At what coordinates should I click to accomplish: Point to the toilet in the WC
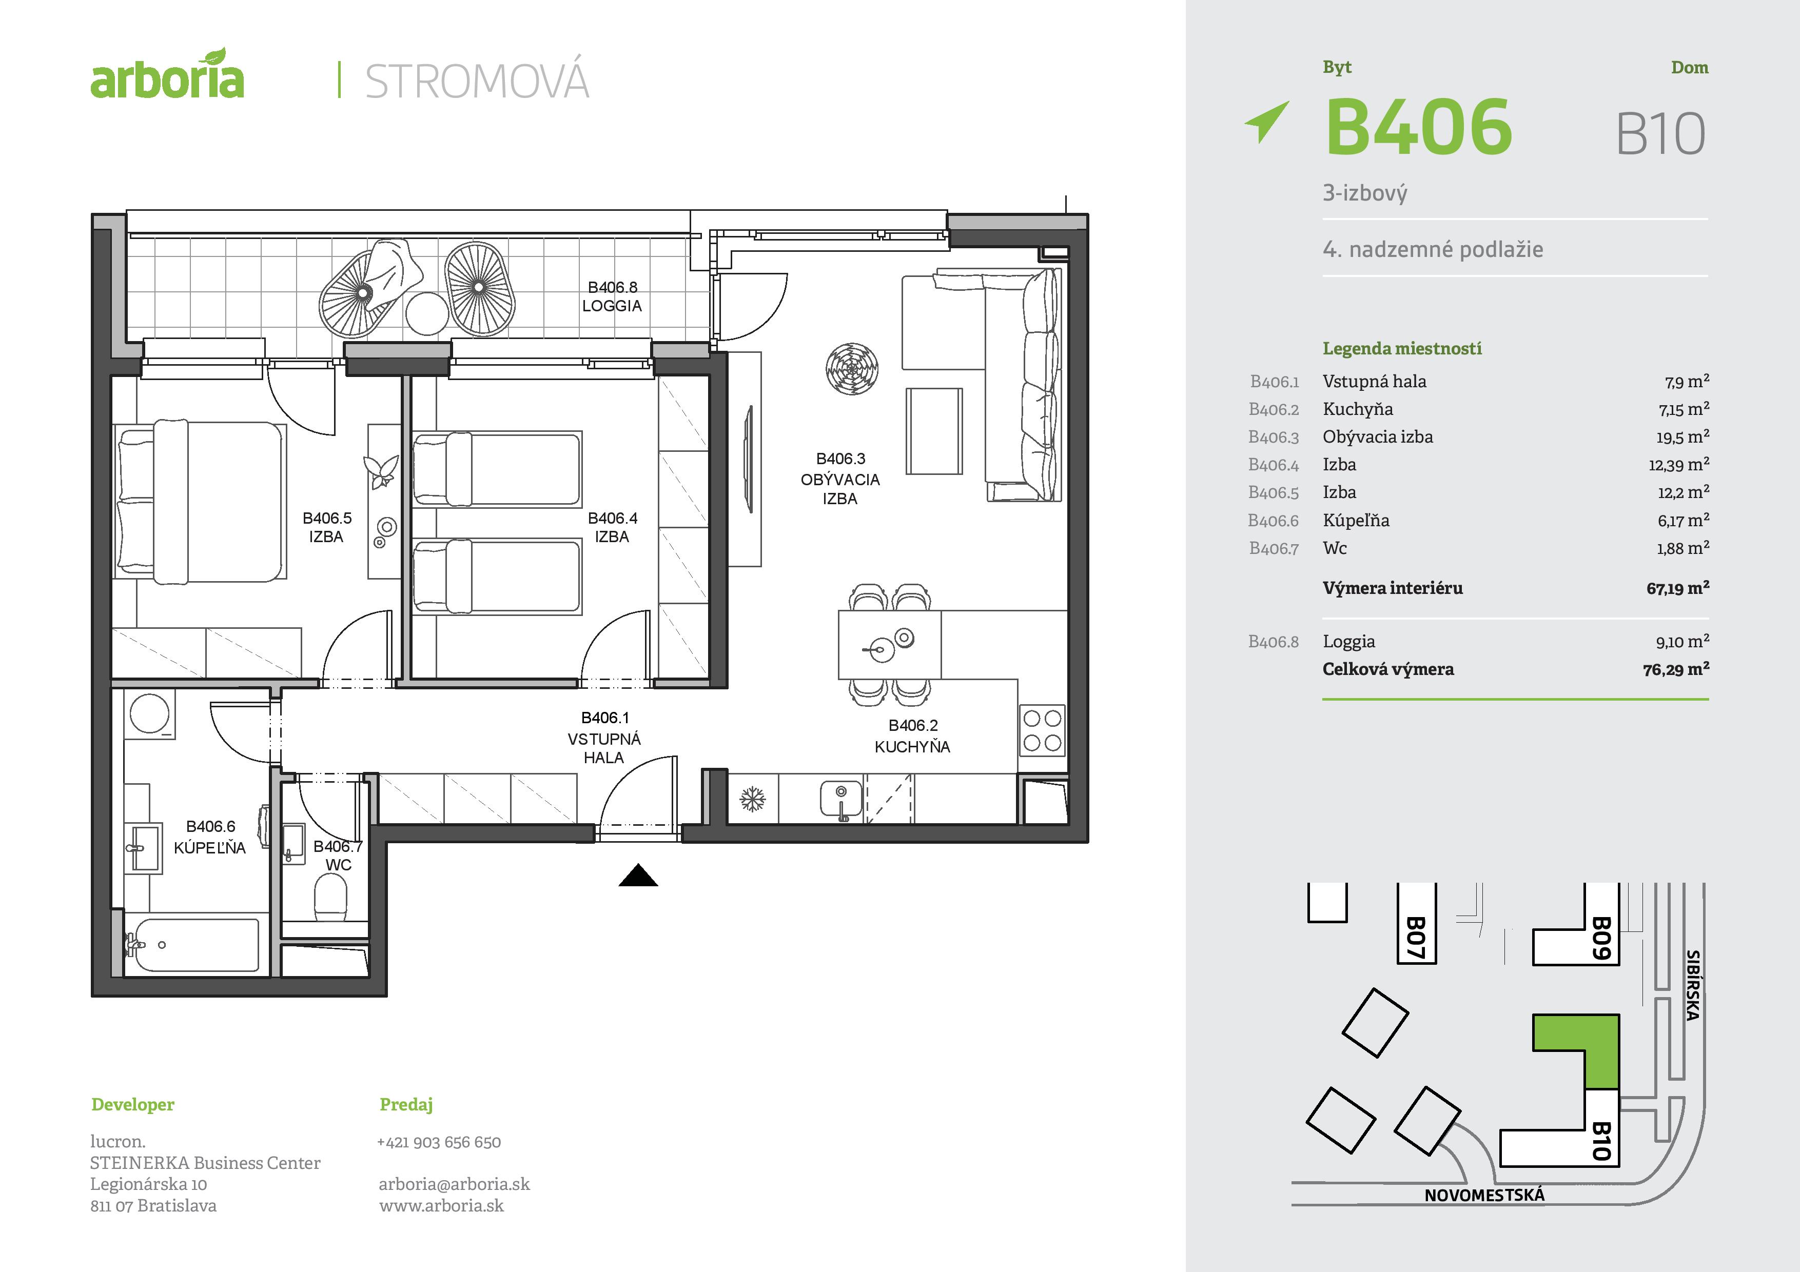pos(330,898)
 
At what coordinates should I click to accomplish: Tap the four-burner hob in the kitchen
pos(1042,730)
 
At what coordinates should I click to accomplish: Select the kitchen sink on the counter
pos(840,800)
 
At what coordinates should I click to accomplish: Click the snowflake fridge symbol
pos(753,800)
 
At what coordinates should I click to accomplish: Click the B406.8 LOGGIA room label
pos(612,297)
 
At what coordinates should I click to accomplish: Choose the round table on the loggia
pos(427,313)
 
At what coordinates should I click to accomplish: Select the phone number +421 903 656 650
pos(439,1142)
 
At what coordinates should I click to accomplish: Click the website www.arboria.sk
pos(441,1205)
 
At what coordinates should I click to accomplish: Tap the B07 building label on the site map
pos(1415,938)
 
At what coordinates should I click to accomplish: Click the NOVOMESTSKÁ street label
pos(1484,1195)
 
